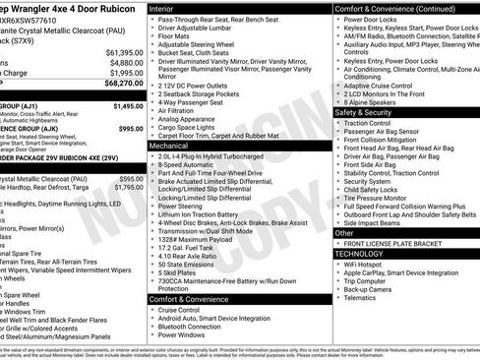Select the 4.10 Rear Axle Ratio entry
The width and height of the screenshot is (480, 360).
tap(193, 256)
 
